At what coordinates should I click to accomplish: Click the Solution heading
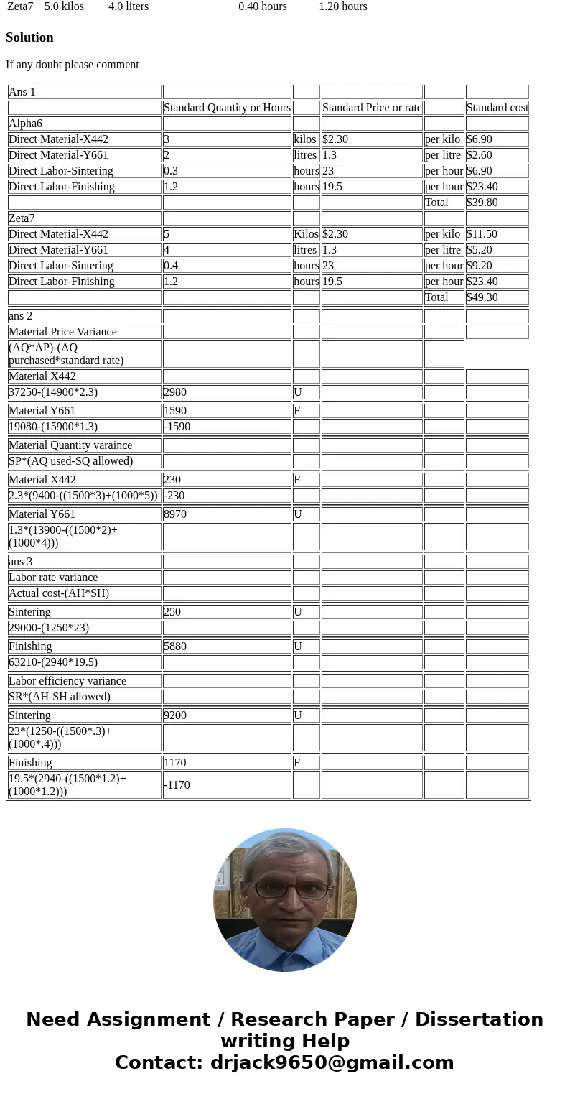coord(29,37)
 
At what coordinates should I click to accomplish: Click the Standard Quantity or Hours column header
coord(227,108)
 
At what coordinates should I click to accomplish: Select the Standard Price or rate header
coord(372,108)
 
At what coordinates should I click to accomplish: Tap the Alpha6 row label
coord(25,124)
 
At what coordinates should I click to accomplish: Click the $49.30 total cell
coord(482,297)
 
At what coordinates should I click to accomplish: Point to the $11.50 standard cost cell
coord(482,234)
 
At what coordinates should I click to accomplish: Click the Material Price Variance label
coord(62,332)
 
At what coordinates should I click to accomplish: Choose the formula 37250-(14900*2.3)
coord(53,392)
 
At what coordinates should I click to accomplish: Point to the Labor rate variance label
coord(53,578)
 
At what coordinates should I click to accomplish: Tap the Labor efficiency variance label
coord(67,681)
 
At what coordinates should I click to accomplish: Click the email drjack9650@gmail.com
coord(332,1063)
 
